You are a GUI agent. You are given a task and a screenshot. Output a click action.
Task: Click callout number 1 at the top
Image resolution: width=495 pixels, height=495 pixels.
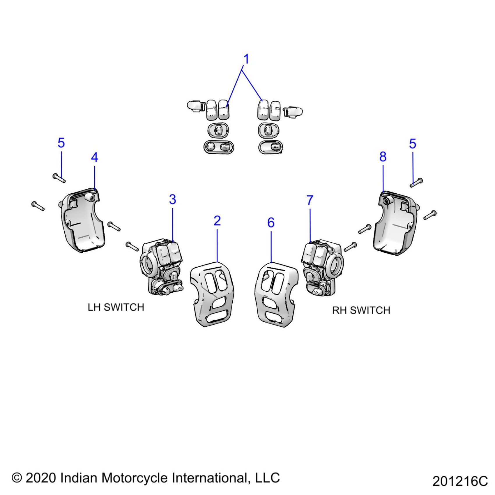point(246,59)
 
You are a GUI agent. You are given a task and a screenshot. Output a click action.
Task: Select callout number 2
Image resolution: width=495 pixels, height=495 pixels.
point(217,221)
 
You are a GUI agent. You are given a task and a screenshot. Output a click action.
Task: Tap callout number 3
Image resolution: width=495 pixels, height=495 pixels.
point(173,200)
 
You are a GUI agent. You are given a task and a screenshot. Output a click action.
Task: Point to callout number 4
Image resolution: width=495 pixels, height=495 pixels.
point(95,158)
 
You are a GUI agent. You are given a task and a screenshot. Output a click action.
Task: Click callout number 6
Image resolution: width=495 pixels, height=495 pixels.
point(271,223)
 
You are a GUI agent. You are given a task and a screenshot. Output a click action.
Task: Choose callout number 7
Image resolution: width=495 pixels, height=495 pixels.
point(310,200)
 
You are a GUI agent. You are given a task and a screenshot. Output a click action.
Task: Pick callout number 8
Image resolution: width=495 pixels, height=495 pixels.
point(383,157)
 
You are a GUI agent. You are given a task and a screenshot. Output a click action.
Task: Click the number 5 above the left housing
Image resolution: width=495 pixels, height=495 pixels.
point(61,143)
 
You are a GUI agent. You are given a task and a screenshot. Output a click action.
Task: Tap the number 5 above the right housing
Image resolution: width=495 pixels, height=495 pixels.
point(413,144)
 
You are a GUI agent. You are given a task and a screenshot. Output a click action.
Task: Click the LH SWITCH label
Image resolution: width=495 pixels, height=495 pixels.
point(116,307)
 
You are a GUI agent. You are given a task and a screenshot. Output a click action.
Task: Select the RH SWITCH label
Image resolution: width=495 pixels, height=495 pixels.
point(361,311)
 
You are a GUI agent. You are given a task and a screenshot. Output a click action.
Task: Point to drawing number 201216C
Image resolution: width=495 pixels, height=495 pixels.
point(460,481)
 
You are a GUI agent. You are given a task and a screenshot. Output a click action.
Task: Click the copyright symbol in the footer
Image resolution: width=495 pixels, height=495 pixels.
point(17,478)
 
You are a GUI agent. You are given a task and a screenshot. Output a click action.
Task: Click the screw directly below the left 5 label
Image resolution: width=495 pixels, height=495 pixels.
point(59,178)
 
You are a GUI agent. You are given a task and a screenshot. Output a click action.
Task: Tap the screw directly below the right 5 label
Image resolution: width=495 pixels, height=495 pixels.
point(416,183)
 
